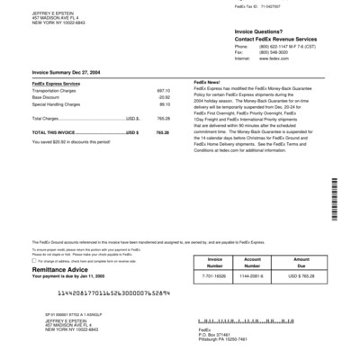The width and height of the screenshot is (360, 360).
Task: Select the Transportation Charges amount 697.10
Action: pyautogui.click(x=164, y=91)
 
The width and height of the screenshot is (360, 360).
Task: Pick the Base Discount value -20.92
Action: pyautogui.click(x=164, y=97)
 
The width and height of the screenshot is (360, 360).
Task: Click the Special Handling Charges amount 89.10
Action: pyautogui.click(x=164, y=103)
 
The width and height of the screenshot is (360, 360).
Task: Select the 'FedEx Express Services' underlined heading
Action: pyautogui.click(x=56, y=83)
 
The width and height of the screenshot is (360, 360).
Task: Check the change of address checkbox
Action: pyautogui.click(x=34, y=261)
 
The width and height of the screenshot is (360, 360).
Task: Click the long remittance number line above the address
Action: pyautogui.click(x=114, y=293)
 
